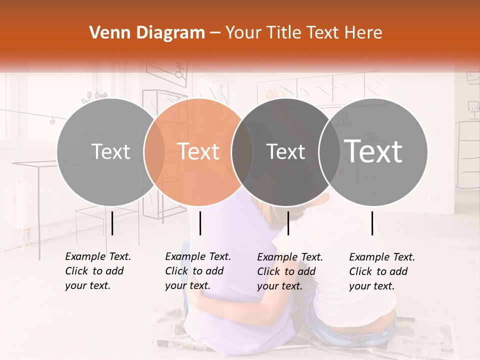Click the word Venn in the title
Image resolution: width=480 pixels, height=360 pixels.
[x=108, y=33]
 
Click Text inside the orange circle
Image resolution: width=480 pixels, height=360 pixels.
[x=198, y=151]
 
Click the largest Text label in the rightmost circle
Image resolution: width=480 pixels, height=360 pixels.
[x=373, y=151]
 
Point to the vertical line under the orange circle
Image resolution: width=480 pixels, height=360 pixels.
[x=200, y=223]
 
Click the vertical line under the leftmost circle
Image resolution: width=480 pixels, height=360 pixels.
[x=112, y=223]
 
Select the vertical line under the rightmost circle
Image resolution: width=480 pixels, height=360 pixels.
[x=372, y=223]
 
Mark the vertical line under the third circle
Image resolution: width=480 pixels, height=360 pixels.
[x=288, y=223]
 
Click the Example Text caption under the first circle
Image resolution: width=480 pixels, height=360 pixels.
[x=97, y=271]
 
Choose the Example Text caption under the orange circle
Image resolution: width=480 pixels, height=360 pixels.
[x=197, y=271]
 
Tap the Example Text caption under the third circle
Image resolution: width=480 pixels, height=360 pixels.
[x=289, y=271]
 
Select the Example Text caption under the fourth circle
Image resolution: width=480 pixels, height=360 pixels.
[x=381, y=271]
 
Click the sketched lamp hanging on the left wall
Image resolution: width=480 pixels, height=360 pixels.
[x=51, y=120]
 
